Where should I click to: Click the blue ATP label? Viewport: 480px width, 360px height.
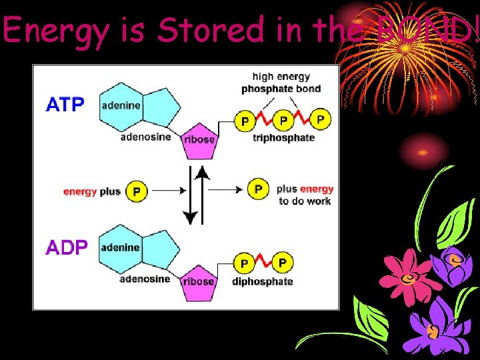[65, 105]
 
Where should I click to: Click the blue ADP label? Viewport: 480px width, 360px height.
[66, 248]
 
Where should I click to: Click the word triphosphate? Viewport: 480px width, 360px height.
[283, 138]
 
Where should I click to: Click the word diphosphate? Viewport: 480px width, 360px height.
[263, 281]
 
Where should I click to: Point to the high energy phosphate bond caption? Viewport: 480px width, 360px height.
[281, 83]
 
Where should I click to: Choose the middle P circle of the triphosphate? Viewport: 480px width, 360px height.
[283, 121]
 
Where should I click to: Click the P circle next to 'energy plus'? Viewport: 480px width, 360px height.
[136, 191]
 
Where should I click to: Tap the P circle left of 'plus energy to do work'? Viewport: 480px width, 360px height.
[258, 189]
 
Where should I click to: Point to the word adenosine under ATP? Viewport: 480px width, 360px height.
[145, 137]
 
